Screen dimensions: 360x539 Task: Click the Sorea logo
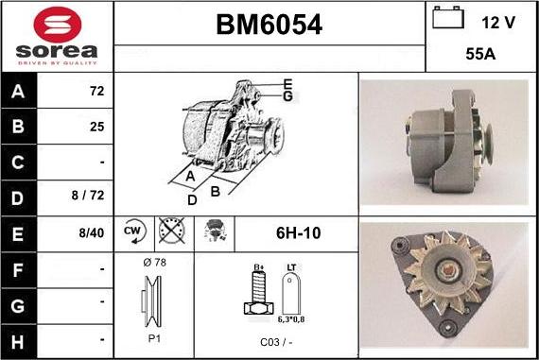click(57, 36)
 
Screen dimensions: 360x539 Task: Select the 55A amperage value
click(481, 55)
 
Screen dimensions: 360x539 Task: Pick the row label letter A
click(18, 93)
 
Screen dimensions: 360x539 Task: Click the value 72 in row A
click(96, 93)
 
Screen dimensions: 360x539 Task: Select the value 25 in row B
click(96, 126)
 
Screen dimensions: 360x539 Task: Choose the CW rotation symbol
click(132, 231)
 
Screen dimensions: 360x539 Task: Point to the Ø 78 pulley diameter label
click(153, 262)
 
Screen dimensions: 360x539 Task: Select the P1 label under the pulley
click(153, 338)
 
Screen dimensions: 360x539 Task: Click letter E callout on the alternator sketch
click(287, 83)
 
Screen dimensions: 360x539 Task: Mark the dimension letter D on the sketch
click(193, 198)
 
